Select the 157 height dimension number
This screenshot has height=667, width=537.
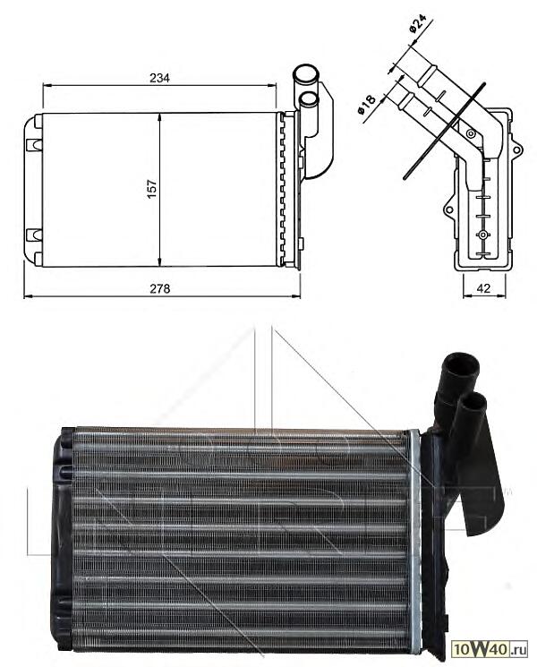152,189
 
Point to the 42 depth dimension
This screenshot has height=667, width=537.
483,288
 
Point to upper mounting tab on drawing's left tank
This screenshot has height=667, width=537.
34,142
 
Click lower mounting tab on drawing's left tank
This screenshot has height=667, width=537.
34,235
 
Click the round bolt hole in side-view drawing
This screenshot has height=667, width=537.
483,235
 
